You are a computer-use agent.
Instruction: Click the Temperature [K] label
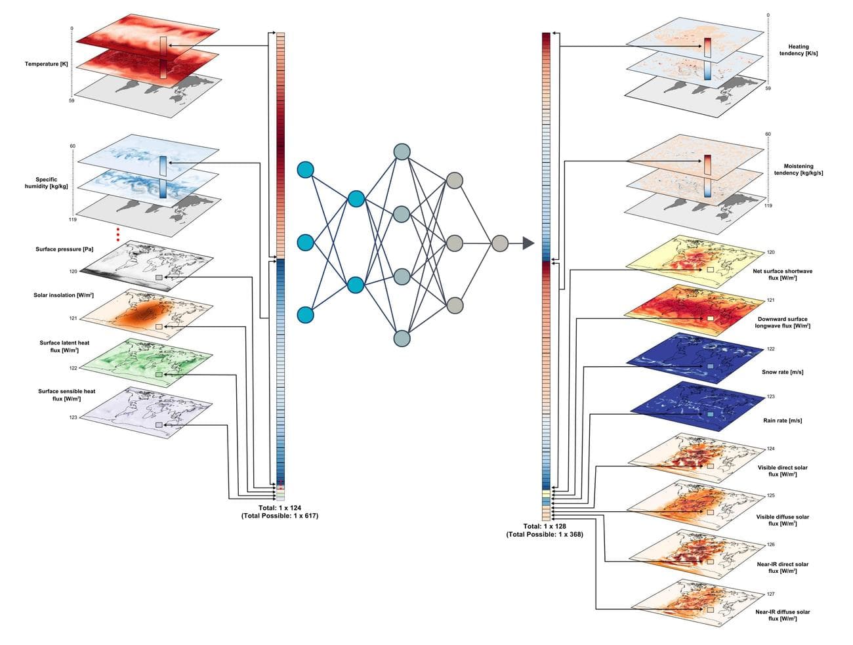pyautogui.click(x=46, y=64)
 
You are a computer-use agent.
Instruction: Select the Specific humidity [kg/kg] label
pyautogui.click(x=46, y=182)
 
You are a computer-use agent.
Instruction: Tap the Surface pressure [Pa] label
pyautogui.click(x=64, y=249)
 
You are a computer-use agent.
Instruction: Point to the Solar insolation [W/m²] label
pyautogui.click(x=64, y=295)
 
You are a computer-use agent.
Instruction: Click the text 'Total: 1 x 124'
pyautogui.click(x=280, y=508)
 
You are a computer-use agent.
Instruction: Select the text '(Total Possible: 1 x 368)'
pyautogui.click(x=545, y=534)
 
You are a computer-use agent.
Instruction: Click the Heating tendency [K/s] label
pyautogui.click(x=799, y=50)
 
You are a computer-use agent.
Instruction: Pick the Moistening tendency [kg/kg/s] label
pyautogui.click(x=799, y=169)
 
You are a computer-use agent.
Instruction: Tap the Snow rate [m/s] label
pyautogui.click(x=783, y=372)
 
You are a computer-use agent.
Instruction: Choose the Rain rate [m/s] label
pyautogui.click(x=783, y=421)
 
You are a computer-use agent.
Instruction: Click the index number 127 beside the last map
pyautogui.click(x=770, y=594)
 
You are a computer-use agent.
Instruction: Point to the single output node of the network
pyautogui.click(x=500, y=243)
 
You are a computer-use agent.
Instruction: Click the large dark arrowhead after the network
pyautogui.click(x=528, y=243)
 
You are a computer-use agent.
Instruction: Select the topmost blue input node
pyautogui.click(x=306, y=170)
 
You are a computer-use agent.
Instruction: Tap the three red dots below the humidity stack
pyautogui.click(x=118, y=235)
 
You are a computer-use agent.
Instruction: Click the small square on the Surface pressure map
pyautogui.click(x=159, y=278)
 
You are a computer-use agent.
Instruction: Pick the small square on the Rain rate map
pyautogui.click(x=711, y=415)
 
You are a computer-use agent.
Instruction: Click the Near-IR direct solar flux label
pyautogui.click(x=783, y=568)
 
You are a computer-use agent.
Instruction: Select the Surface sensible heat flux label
pyautogui.click(x=66, y=395)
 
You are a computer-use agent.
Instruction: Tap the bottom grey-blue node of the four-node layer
pyautogui.click(x=402, y=339)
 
